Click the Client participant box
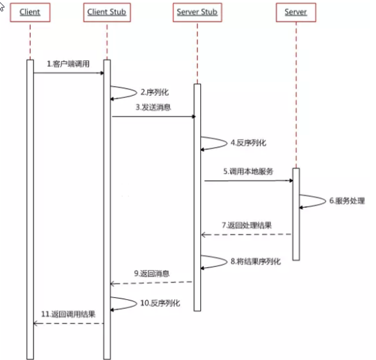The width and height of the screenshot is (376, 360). tap(30, 12)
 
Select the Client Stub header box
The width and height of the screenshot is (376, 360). tap(107, 12)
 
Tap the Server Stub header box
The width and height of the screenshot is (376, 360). tap(197, 12)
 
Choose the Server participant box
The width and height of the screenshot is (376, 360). tap(296, 12)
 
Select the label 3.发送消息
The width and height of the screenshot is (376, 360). tap(153, 107)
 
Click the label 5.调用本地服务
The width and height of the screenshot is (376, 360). tap(248, 172)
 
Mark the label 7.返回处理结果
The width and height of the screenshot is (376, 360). tap(245, 225)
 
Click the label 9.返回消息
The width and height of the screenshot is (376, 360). tap(152, 274)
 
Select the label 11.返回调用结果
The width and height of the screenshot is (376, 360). tap(69, 314)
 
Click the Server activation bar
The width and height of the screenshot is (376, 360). tap(296, 214)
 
